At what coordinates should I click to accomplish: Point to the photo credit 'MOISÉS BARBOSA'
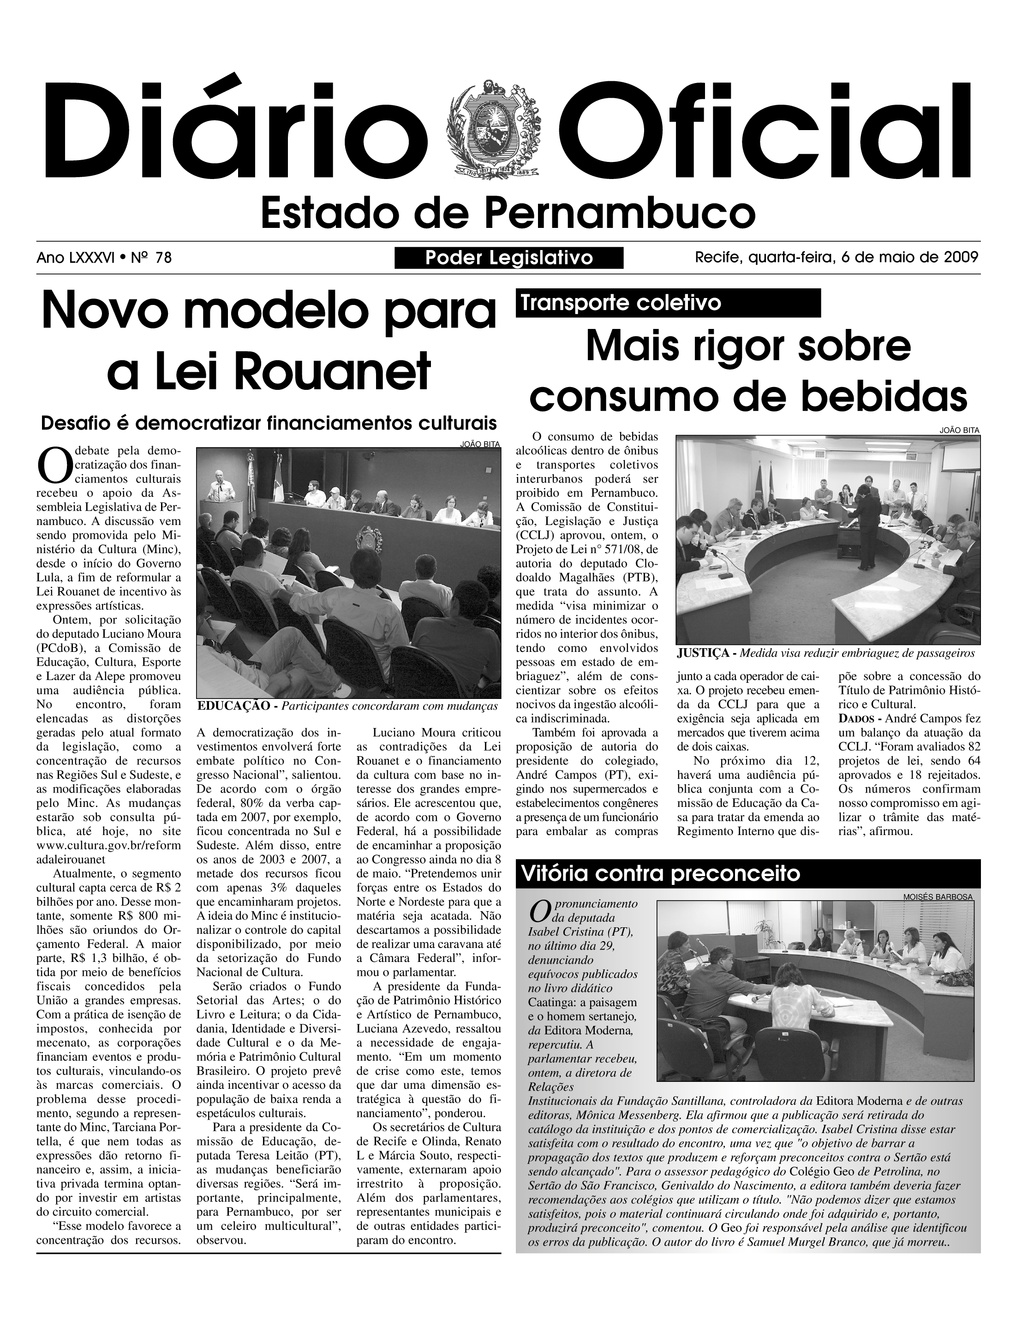(938, 897)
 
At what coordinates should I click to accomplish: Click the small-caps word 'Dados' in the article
(856, 718)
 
